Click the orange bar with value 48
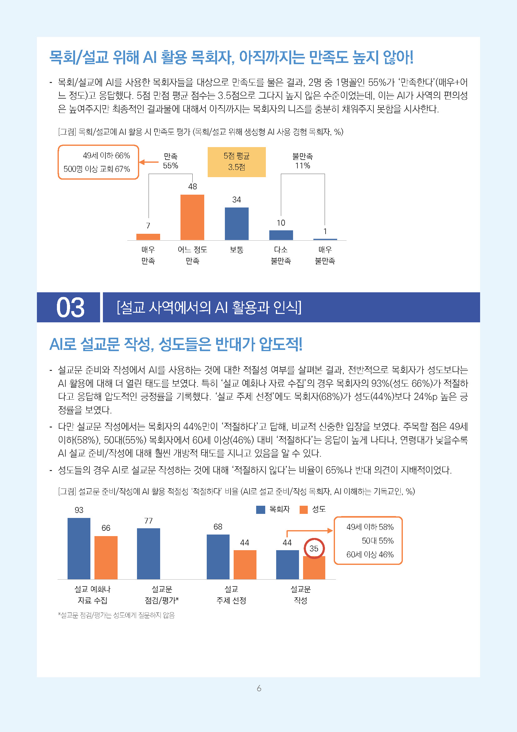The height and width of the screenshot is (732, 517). pos(192,217)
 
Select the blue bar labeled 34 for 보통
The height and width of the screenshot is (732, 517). pos(236,223)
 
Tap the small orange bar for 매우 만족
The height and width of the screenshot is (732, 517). pos(148,237)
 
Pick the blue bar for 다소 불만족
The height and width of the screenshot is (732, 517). pos(281,235)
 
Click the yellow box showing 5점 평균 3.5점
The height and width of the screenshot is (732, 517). pos(236,161)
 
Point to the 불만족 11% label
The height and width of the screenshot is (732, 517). pos(302,161)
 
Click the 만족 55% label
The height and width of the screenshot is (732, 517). pos(170,161)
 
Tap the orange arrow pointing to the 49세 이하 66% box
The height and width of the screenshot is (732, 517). pos(149,162)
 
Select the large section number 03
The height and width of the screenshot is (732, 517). pos(70,307)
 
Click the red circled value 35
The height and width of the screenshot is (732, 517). pos(314,548)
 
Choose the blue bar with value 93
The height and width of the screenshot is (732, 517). pos(79,548)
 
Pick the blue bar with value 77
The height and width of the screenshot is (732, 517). pos(149,554)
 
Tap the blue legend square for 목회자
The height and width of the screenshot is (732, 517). pos(261,509)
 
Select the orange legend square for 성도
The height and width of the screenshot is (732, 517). pos(304,509)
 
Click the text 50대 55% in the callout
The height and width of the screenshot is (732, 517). pos(378,541)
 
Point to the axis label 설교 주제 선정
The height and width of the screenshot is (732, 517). pos(231,595)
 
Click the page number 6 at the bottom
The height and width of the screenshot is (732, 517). pos(259,688)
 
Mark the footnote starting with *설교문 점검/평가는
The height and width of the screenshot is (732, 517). pos(116,615)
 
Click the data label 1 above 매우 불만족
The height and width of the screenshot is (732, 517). pos(325,231)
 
